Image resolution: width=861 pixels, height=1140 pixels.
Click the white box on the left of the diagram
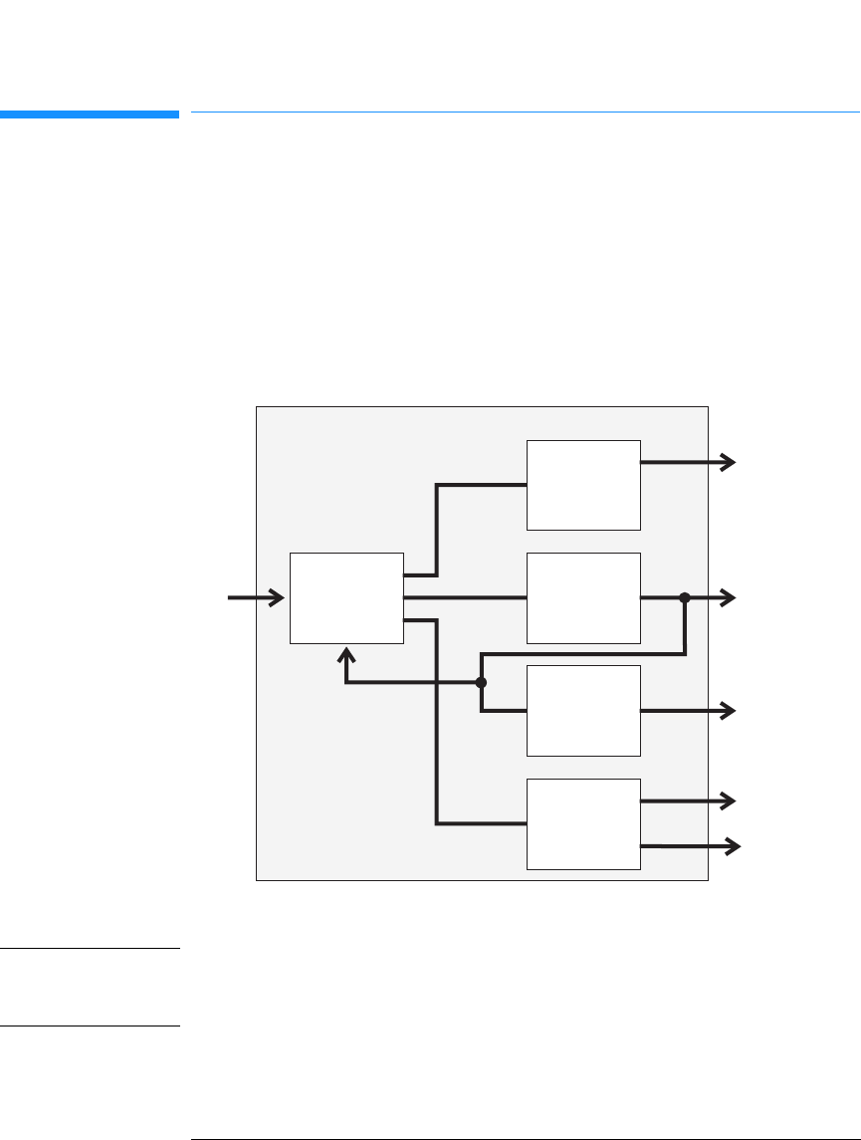coord(346,597)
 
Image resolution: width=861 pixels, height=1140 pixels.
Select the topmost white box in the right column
coord(583,485)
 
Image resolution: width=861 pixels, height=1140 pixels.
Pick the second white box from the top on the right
coord(583,597)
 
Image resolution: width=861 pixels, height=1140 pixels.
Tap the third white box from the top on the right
coord(583,710)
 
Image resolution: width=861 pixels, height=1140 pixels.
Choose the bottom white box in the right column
coord(583,823)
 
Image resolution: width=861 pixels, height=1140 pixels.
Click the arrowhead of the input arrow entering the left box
coord(278,597)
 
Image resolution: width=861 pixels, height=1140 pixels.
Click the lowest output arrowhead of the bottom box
coord(734,846)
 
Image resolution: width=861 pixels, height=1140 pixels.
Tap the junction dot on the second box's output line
coord(685,597)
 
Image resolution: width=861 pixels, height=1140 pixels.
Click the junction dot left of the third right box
coord(481,683)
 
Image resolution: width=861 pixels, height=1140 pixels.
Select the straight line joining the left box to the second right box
coord(465,597)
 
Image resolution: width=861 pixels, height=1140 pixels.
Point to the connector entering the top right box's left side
coord(483,485)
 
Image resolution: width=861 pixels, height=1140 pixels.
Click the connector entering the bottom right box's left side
coord(482,823)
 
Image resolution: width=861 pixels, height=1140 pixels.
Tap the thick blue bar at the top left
coord(90,114)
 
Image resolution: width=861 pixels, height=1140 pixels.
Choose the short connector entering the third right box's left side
coord(504,711)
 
